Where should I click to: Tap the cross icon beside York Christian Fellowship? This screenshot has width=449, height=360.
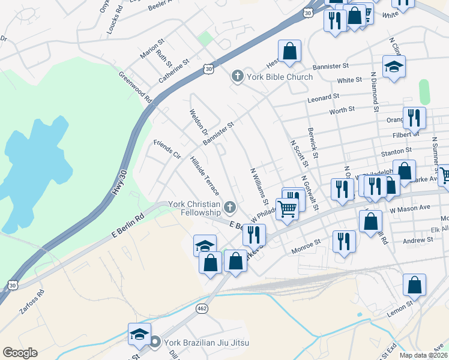(x=229, y=208)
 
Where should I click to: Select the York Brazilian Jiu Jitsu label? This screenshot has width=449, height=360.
(x=206, y=343)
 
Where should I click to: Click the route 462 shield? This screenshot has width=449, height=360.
(x=202, y=308)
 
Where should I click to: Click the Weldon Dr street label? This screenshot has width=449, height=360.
(x=199, y=122)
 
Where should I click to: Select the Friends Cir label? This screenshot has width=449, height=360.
(x=167, y=149)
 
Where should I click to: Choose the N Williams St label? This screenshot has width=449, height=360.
(x=259, y=184)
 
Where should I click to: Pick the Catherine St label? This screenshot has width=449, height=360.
(x=174, y=70)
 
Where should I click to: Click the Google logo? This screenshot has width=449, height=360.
(x=20, y=353)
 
